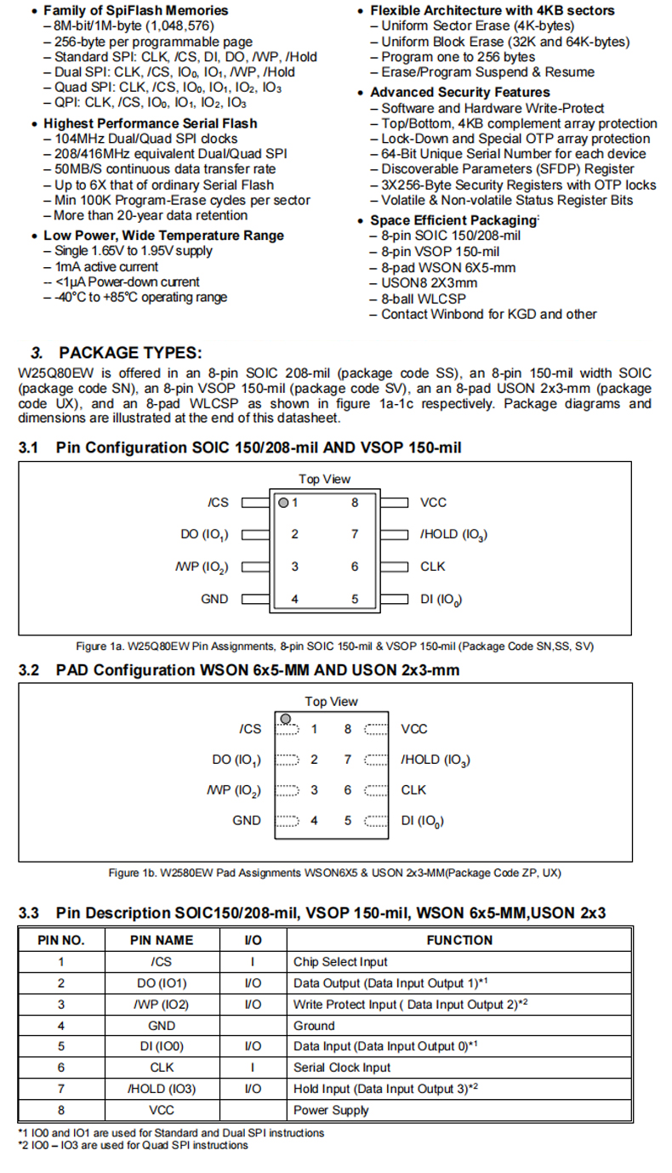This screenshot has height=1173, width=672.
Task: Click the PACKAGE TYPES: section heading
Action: tap(130, 353)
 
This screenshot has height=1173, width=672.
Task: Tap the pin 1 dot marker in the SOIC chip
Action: tap(285, 503)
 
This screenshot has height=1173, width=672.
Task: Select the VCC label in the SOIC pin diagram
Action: tap(433, 503)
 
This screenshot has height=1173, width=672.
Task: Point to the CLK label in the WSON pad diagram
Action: tap(413, 790)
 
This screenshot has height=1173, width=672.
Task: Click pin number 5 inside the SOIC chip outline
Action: tap(355, 599)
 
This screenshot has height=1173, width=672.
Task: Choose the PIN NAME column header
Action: tap(161, 940)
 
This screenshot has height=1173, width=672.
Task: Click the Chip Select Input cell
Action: tap(340, 962)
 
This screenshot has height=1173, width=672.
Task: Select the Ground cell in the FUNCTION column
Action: tap(314, 1026)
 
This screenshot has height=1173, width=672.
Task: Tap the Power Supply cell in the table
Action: tap(331, 1110)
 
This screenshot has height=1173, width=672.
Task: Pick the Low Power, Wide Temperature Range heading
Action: tap(163, 236)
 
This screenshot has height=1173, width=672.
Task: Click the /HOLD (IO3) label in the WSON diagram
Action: tap(436, 760)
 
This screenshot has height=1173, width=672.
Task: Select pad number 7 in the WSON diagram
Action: tap(347, 760)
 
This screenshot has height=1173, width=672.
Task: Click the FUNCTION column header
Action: tap(459, 940)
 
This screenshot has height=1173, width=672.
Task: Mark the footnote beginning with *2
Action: tap(133, 1145)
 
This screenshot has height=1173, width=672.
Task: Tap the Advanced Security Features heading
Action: tap(459, 93)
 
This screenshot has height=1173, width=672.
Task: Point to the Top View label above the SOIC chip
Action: tap(324, 479)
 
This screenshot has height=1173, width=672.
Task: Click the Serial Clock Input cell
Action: tap(342, 1068)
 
